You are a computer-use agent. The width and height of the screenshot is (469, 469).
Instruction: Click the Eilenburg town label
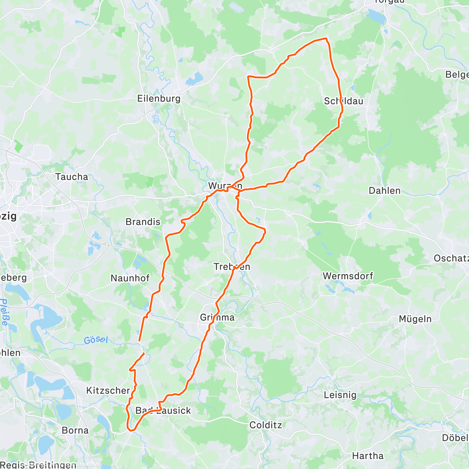tap(159, 98)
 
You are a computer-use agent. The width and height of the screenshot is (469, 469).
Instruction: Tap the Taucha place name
tap(72, 177)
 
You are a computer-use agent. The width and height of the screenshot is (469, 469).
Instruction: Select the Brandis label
tap(143, 222)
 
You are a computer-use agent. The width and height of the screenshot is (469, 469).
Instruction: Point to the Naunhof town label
tap(130, 278)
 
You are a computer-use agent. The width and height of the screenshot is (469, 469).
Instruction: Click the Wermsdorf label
tap(348, 276)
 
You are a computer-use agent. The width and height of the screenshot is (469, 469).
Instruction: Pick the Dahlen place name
tap(385, 191)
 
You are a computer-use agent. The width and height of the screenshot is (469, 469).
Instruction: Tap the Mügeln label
tap(415, 319)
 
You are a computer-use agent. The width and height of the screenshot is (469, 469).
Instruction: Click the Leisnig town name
tap(340, 395)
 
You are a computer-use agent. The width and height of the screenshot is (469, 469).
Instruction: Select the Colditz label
tap(265, 425)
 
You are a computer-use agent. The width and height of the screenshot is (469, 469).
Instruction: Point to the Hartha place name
tap(368, 456)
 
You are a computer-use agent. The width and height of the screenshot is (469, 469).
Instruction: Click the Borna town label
tap(75, 430)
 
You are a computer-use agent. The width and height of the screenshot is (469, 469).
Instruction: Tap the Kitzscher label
tap(108, 390)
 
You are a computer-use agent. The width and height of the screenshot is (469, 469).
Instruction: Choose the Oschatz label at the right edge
tap(451, 258)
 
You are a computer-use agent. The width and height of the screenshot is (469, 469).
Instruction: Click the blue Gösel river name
tap(96, 340)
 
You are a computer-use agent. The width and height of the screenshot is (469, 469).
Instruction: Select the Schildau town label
tap(344, 101)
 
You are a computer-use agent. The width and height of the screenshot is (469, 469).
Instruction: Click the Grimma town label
tap(217, 317)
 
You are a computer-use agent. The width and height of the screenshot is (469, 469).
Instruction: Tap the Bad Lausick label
tap(163, 410)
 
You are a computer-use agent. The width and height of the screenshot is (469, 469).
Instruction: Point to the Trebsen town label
tap(232, 267)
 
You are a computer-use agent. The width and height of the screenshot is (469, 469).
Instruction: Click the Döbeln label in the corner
tap(455, 437)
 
